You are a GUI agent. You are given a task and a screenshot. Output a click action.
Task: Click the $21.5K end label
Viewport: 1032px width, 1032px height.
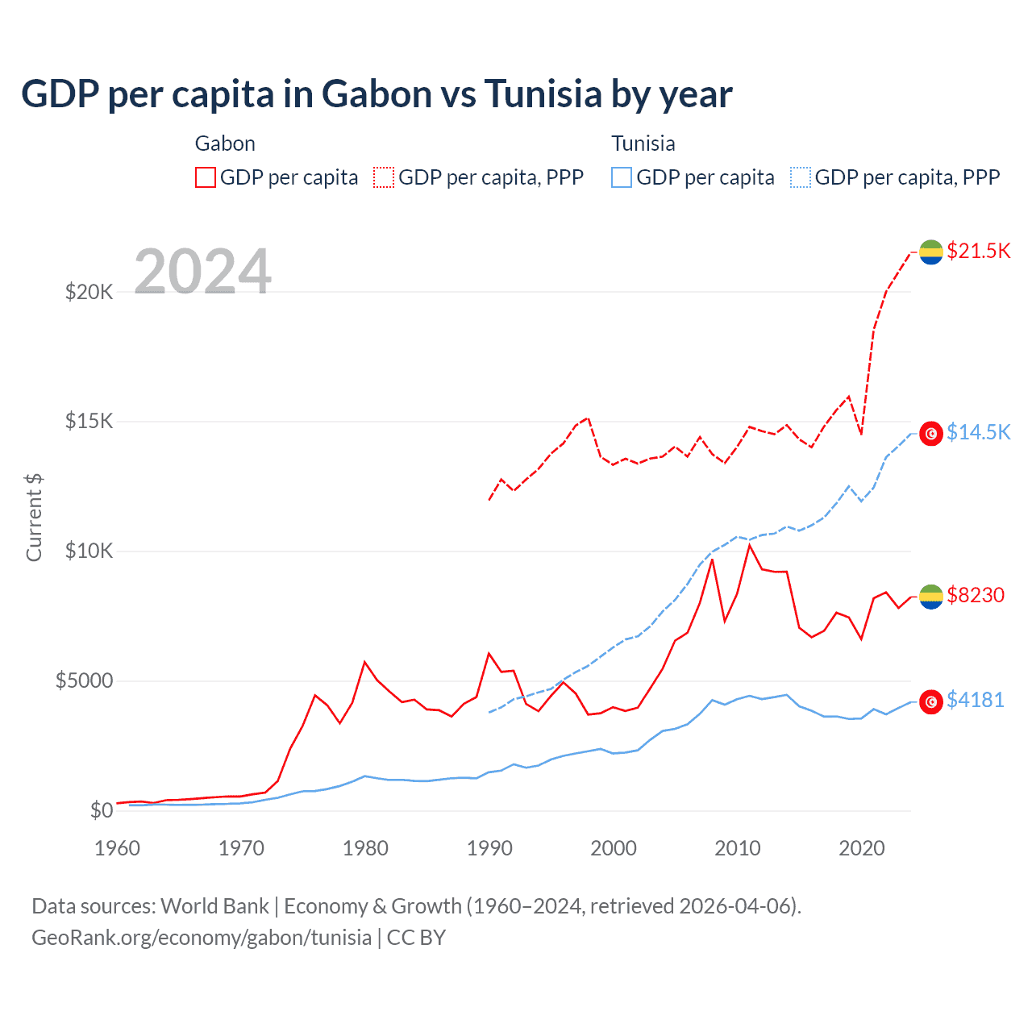coord(978,251)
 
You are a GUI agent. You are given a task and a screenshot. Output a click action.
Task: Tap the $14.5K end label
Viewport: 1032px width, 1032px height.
coord(978,432)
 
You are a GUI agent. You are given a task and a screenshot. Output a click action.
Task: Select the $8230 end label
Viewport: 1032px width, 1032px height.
coord(976,595)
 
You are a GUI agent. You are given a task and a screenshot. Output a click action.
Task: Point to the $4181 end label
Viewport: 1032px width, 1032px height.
coord(975,700)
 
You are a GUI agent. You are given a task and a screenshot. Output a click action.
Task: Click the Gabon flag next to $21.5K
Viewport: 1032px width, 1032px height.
coord(931,252)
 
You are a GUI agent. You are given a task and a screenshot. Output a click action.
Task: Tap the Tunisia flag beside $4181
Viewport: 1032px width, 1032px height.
coord(931,701)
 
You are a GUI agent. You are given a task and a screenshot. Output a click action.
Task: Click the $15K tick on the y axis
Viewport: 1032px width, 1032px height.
coord(89,421)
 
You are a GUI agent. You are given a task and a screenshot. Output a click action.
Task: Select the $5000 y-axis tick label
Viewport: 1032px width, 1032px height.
coord(84,680)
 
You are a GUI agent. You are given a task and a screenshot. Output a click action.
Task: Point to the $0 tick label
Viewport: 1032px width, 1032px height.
coord(101,810)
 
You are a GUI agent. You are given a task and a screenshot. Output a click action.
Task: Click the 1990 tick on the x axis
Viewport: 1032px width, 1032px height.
coord(489,848)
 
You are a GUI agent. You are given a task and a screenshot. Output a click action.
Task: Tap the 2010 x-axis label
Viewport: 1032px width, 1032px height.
coord(738,848)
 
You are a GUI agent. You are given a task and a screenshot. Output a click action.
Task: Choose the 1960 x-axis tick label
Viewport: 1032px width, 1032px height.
coord(118,848)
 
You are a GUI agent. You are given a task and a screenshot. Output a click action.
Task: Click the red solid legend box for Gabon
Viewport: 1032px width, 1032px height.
coord(206,177)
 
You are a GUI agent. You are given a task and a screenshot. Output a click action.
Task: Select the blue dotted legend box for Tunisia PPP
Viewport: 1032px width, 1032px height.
coord(801,177)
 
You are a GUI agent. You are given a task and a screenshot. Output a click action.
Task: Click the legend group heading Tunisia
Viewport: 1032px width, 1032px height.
coord(643,144)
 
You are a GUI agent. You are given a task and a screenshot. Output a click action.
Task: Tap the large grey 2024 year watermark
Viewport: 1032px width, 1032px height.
coord(202,272)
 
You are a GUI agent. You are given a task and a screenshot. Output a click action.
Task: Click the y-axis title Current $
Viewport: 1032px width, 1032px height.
coord(34,518)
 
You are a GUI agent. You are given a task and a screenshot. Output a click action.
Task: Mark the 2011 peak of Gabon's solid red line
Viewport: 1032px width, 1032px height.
coord(750,546)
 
